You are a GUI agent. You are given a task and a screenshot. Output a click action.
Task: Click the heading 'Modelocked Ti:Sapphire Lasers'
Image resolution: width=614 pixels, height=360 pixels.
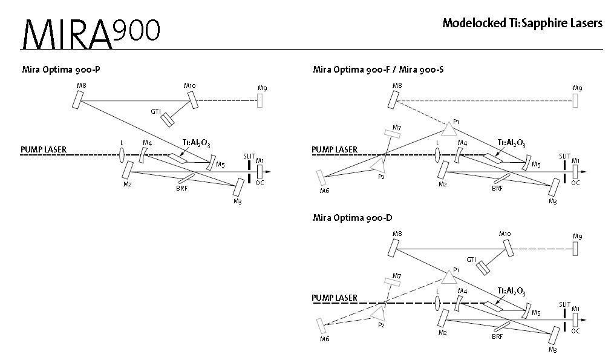coord(523,24)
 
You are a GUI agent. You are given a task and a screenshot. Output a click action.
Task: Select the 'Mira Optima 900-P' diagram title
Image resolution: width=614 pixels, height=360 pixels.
coord(61,70)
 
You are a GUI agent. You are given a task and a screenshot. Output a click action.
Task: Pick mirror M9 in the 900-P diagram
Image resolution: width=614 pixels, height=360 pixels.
coord(260,101)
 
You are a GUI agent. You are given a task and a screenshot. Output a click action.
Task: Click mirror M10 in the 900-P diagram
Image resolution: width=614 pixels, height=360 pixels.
coord(194,100)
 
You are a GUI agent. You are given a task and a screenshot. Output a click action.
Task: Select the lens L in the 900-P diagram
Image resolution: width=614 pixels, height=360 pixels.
coord(122,155)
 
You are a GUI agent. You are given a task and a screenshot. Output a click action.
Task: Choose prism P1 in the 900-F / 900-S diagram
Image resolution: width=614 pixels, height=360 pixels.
coord(448,129)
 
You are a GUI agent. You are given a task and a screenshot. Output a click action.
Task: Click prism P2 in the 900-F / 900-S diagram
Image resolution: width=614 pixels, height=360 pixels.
coord(378,165)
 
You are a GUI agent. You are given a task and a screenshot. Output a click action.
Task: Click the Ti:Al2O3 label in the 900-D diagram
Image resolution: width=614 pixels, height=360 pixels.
coord(511,291)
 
